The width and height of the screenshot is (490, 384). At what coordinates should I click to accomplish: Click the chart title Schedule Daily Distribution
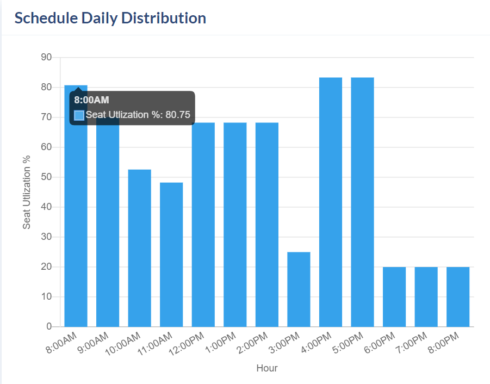[110, 18]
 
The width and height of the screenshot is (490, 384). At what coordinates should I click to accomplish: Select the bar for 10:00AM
[139, 248]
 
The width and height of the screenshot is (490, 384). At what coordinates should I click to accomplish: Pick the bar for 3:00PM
[299, 289]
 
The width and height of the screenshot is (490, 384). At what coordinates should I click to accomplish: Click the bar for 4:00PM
[331, 202]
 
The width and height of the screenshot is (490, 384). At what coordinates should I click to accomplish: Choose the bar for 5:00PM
[362, 202]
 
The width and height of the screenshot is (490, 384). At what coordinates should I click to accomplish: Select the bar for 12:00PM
[203, 225]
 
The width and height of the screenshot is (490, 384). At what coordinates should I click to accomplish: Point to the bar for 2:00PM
[267, 225]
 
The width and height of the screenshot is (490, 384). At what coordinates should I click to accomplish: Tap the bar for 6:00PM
[394, 297]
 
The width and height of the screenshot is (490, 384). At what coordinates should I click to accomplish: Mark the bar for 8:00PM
[458, 297]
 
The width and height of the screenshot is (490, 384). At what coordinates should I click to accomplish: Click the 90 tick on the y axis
[46, 57]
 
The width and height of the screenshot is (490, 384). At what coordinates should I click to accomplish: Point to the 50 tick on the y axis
[46, 177]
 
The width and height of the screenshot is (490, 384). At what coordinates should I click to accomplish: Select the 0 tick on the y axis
[49, 327]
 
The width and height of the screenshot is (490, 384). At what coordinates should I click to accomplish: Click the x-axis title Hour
[267, 368]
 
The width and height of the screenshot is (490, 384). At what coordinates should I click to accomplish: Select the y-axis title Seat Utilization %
[27, 192]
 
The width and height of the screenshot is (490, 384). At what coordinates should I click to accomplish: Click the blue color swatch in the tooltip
[79, 115]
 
